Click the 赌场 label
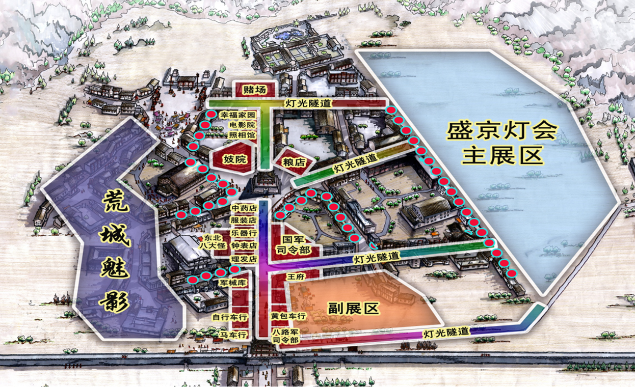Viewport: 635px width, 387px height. [254, 90]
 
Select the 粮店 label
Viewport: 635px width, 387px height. [293, 162]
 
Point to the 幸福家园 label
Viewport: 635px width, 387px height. [238, 115]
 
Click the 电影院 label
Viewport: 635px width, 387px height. [242, 125]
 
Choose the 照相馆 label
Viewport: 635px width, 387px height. [242, 135]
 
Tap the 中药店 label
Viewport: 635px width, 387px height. [244, 208]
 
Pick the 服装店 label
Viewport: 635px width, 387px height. [244, 220]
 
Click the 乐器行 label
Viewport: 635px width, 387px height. [244, 233]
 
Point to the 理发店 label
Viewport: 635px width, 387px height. [244, 259]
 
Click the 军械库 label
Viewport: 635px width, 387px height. [233, 283]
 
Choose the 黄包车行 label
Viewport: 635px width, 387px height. [288, 316]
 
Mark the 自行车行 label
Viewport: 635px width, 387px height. [230, 317]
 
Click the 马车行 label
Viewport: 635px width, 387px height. [234, 335]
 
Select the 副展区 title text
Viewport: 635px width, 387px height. [354, 308]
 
